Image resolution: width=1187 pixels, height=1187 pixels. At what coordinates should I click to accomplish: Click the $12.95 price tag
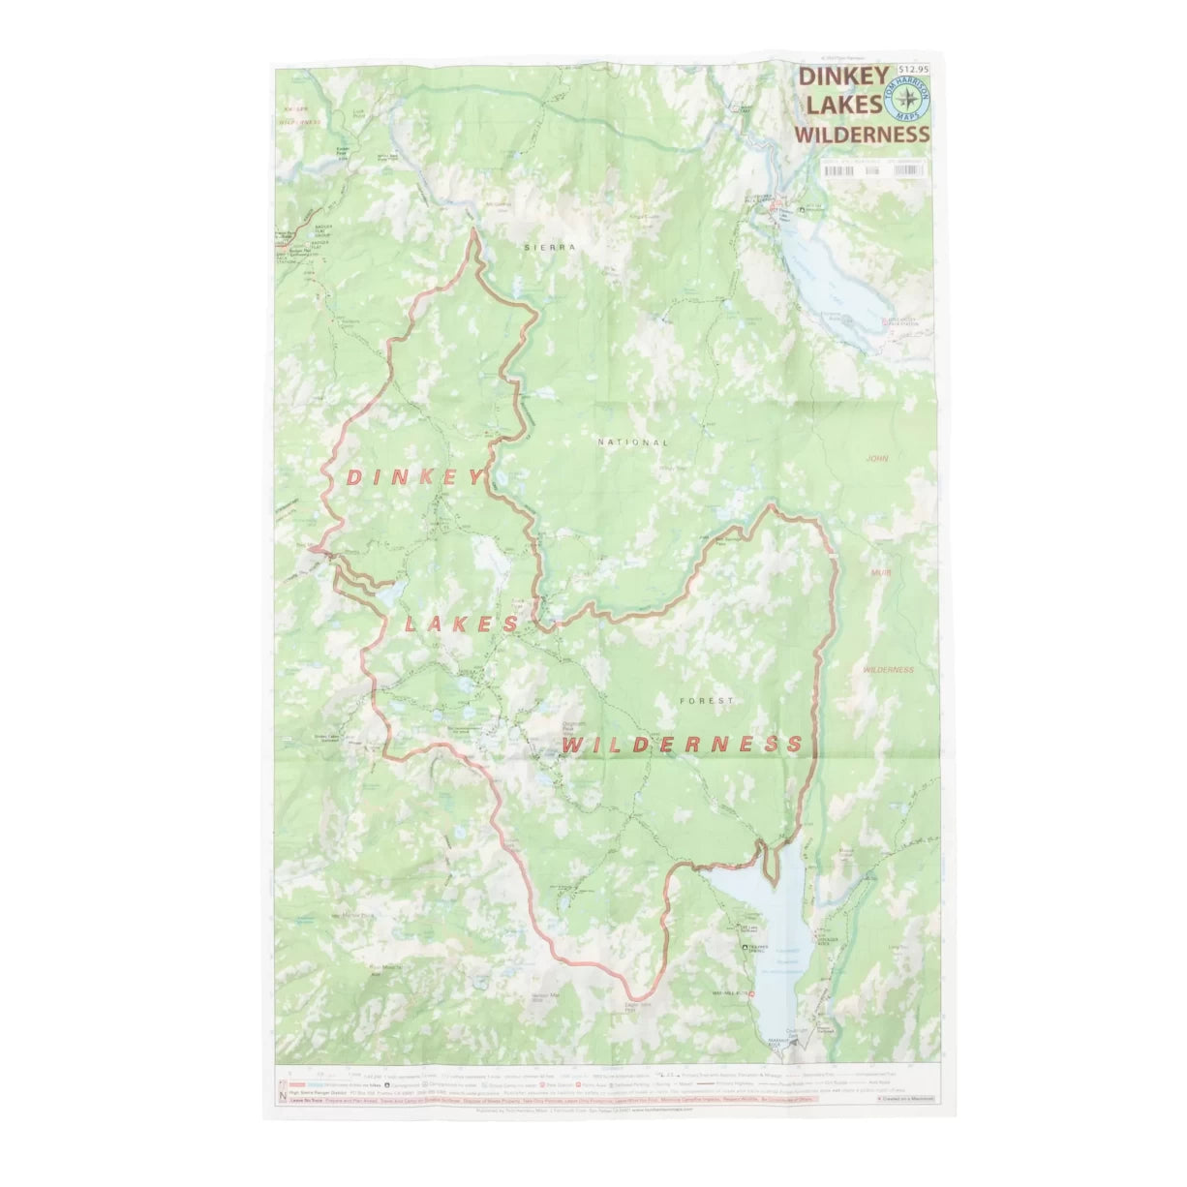click(912, 70)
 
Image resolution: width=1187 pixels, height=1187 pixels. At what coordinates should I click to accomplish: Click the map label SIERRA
click(549, 248)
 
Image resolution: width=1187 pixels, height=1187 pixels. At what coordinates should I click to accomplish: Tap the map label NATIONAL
click(633, 442)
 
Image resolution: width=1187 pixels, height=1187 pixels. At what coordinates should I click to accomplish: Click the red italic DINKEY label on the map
click(413, 477)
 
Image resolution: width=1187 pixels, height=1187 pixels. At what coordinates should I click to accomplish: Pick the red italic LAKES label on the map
click(462, 624)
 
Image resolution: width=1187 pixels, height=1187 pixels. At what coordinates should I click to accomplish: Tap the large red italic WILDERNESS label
click(682, 744)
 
